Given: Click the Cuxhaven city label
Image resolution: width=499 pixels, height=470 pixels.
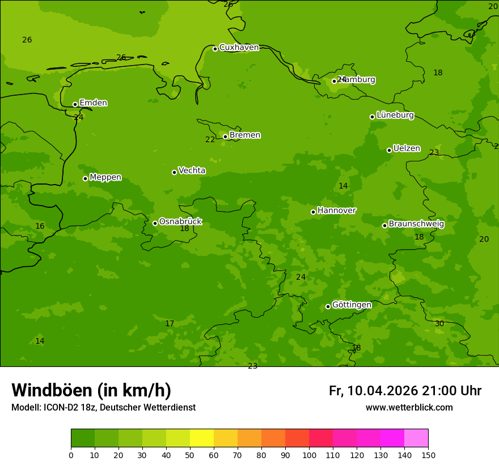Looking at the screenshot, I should pyautogui.click(x=239, y=48).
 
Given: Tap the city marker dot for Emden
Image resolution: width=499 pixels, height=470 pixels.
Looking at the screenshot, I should pyautogui.click(x=75, y=104).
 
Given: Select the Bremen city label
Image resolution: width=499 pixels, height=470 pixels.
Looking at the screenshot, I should pyautogui.click(x=244, y=135).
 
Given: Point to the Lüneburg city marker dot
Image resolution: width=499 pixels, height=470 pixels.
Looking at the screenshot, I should pyautogui.click(x=372, y=117).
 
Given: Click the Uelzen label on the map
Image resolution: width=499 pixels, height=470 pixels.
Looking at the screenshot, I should pyautogui.click(x=407, y=149).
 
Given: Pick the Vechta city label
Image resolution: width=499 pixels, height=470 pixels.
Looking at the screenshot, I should pyautogui.click(x=192, y=170).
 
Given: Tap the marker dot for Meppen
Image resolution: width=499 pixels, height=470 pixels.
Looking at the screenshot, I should pyautogui.click(x=85, y=178).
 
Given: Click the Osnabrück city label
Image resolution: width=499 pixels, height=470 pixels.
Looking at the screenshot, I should pyautogui.click(x=180, y=222).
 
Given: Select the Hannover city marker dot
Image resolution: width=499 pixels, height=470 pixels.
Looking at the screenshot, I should pyautogui.click(x=313, y=212).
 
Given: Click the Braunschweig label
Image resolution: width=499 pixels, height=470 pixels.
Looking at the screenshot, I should pyautogui.click(x=416, y=224).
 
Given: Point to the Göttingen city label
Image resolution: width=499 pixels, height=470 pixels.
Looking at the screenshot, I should pyautogui.click(x=352, y=305).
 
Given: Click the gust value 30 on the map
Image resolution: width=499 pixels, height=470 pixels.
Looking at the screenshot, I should pyautogui.click(x=439, y=323).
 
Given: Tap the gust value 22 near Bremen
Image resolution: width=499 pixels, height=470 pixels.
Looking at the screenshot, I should pyautogui.click(x=210, y=140).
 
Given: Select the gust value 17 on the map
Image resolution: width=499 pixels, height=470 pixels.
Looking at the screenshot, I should pyautogui.click(x=170, y=324).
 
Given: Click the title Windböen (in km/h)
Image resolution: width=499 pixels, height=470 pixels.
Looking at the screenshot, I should pyautogui.click(x=91, y=390).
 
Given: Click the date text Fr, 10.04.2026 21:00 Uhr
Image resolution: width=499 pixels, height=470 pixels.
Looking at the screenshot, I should pyautogui.click(x=405, y=391).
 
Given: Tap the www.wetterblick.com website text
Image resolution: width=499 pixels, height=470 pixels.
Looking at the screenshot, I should pyautogui.click(x=409, y=408).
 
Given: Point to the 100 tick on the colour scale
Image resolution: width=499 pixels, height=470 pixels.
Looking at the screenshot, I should pyautogui.click(x=309, y=455).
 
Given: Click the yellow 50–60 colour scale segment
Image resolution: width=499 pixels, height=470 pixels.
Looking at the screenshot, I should pyautogui.click(x=201, y=438).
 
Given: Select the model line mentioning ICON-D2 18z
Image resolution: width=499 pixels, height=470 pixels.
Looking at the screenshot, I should pyautogui.click(x=103, y=408).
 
